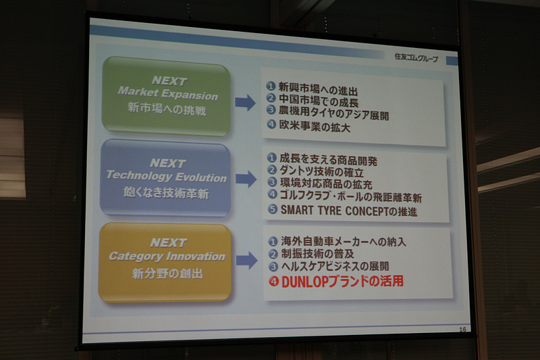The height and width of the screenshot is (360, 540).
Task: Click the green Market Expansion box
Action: tap(166, 95)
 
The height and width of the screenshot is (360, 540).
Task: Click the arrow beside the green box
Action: tap(245, 103)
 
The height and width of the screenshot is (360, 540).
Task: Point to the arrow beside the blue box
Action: tap(246, 179)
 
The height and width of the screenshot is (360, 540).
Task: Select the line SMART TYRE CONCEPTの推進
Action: tap(348, 210)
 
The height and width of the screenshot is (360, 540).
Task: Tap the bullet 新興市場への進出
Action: tap(317, 89)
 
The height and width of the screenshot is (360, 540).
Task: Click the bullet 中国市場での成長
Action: tap(317, 102)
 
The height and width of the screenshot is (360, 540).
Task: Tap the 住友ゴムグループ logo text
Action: tap(416, 58)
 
